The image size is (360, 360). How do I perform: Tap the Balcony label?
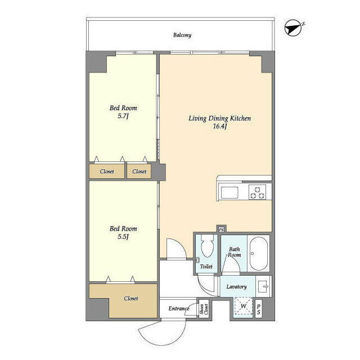point(182,35)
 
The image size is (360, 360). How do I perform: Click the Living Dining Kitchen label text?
point(219,119)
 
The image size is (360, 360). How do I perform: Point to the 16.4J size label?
point(219,127)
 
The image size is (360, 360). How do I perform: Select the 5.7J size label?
point(123,116)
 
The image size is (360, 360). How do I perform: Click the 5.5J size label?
point(123,237)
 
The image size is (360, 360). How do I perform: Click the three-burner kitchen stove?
point(258,192)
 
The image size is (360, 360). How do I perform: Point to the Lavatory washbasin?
point(264,286)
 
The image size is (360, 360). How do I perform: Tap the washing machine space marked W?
point(244,307)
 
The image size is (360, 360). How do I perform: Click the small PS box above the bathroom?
point(221,229)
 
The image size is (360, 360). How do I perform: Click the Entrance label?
point(179,309)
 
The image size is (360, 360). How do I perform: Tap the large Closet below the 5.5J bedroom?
point(130,299)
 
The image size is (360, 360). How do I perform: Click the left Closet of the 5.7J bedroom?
point(107,172)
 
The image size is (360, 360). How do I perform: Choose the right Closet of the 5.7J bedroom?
point(139,172)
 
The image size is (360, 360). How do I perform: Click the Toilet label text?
point(206,267)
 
